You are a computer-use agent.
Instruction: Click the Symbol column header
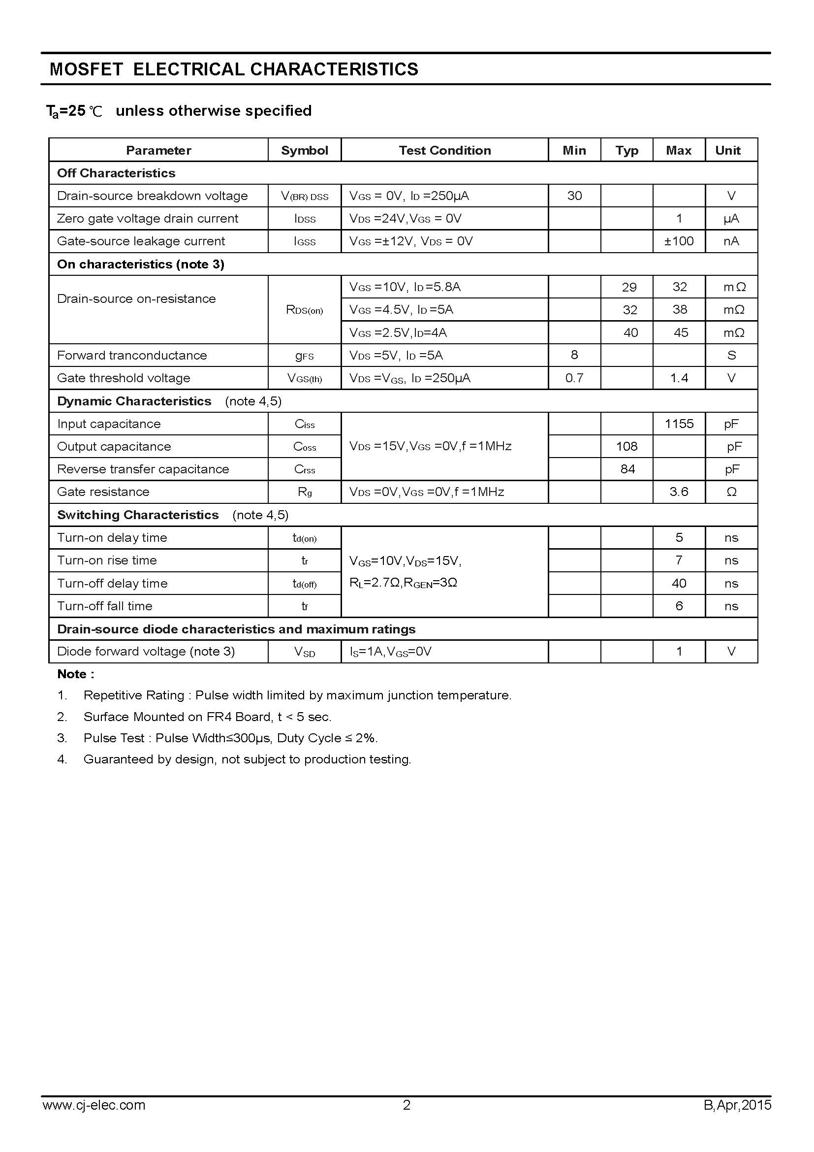[x=304, y=150]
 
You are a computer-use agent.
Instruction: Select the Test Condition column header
[x=444, y=150]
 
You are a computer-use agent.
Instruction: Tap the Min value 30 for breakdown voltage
[x=574, y=196]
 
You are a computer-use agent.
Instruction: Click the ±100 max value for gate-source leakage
[x=679, y=241]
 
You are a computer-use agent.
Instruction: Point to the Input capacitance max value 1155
[x=679, y=424]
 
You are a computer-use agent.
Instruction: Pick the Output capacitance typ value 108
[x=626, y=447]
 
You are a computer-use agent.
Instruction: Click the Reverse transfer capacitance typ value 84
[x=627, y=469]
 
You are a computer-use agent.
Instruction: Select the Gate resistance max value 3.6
[x=679, y=492]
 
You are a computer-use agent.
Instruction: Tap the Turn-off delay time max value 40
[x=679, y=584]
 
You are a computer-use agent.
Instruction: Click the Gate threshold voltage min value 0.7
[x=574, y=378]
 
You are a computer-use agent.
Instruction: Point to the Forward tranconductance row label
[x=132, y=355]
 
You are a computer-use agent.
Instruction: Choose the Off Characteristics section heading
[x=116, y=173]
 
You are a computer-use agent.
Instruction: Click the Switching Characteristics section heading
[x=138, y=515]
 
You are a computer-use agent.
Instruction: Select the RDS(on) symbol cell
[x=304, y=310]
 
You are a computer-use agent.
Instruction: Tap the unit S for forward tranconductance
[x=731, y=355]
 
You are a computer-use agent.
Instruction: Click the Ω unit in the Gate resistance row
[x=731, y=492]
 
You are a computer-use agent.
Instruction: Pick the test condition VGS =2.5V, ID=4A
[x=398, y=332]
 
